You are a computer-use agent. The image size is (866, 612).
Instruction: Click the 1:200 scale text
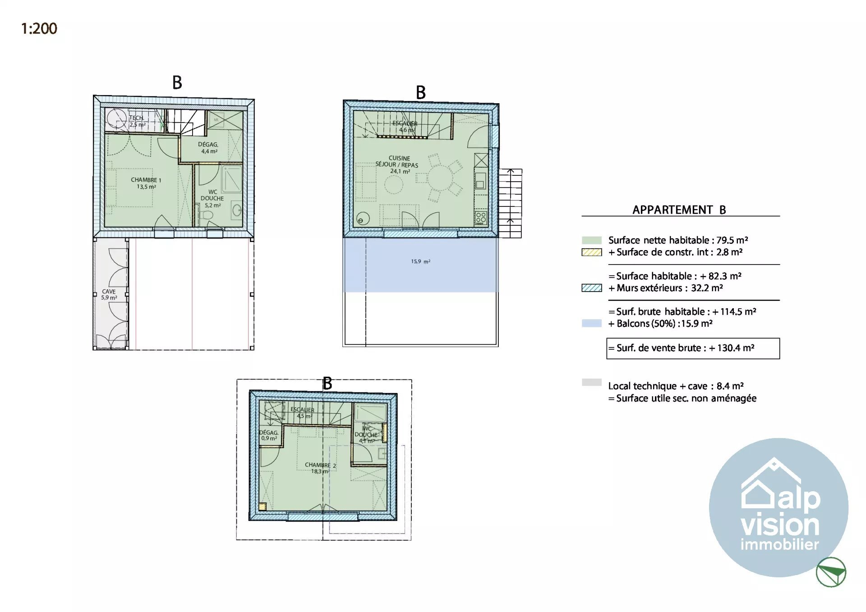(39, 29)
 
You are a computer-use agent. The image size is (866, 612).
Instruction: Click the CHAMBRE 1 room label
(146, 183)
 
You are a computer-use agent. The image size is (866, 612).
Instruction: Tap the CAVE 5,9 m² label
(109, 294)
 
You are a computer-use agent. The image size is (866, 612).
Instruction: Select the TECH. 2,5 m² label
(137, 121)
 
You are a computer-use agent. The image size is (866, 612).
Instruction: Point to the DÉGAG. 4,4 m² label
(208, 148)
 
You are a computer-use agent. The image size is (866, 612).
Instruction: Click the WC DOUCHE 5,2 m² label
(212, 198)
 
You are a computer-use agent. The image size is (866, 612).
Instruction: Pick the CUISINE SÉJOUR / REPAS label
(398, 164)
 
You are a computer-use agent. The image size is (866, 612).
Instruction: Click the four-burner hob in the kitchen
(481, 218)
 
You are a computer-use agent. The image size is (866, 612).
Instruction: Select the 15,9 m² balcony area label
(420, 261)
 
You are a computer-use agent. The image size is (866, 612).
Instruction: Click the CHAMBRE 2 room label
(319, 468)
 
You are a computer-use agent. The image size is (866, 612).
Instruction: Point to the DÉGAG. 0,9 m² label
(269, 435)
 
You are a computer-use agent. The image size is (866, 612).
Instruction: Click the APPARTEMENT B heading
(679, 210)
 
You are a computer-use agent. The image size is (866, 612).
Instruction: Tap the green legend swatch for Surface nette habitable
(591, 240)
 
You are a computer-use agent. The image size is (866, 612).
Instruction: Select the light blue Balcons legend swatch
(591, 323)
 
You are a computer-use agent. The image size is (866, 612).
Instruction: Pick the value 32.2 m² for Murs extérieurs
(707, 288)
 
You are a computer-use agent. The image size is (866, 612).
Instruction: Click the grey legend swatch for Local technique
(591, 383)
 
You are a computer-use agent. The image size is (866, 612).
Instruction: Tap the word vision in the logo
(779, 525)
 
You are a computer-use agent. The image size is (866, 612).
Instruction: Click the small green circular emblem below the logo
(831, 572)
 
